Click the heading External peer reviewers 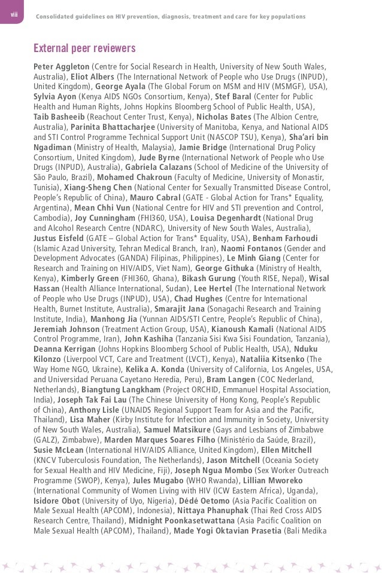84,48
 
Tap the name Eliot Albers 92,77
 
